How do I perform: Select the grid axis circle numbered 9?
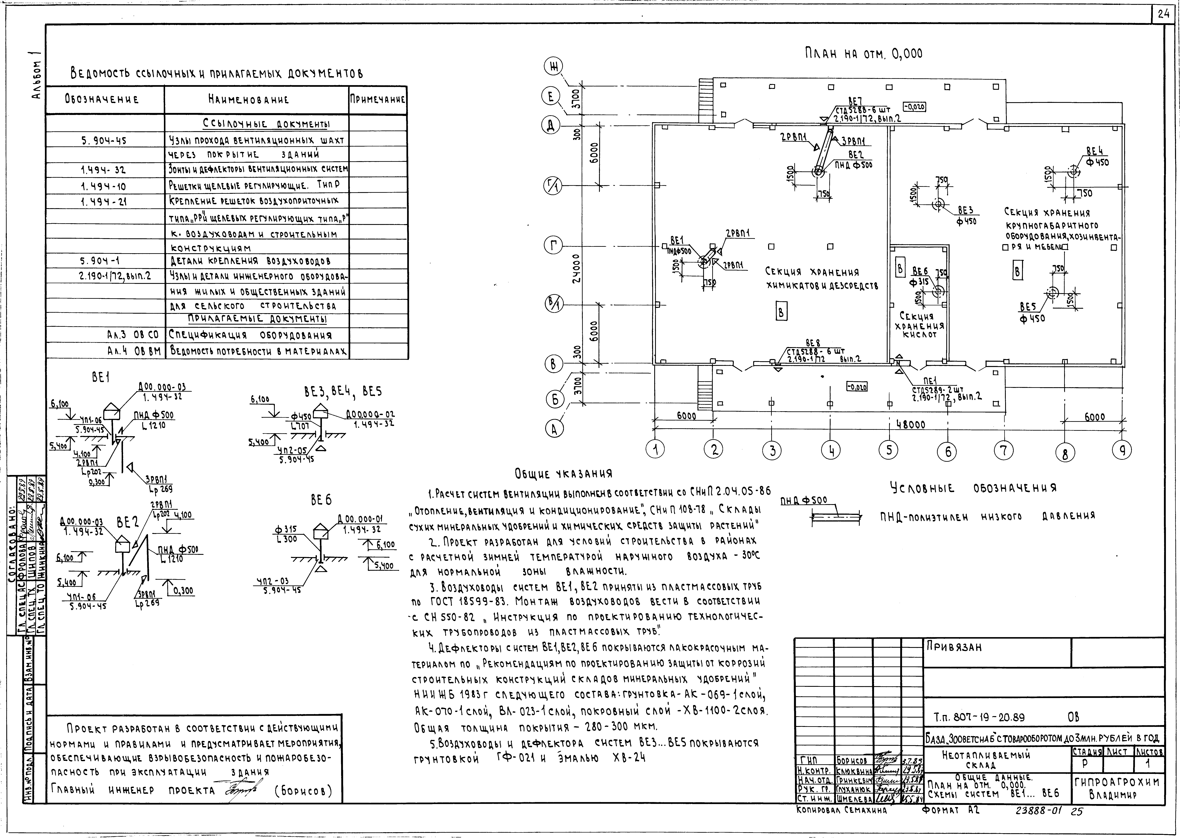coord(1122,450)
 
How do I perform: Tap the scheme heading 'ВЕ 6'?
coord(321,500)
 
